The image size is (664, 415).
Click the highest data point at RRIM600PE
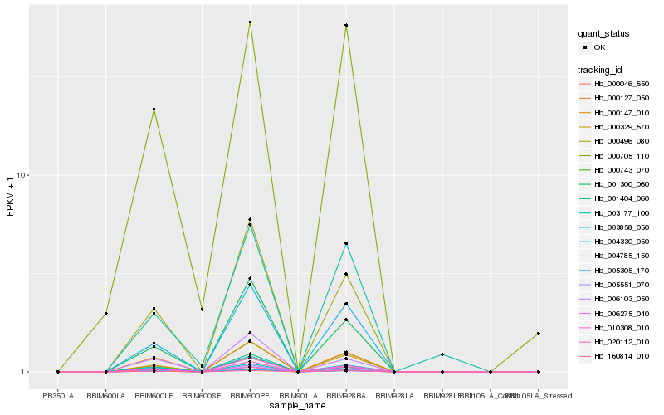[x=250, y=22]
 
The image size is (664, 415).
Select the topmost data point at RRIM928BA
[x=346, y=26]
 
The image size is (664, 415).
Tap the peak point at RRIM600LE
[x=154, y=110]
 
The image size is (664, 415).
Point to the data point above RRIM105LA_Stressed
[x=539, y=334]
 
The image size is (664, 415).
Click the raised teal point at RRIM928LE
[x=442, y=354]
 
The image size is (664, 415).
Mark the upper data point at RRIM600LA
[x=106, y=313]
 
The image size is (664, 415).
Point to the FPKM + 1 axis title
[x=11, y=198]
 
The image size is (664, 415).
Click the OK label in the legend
[x=599, y=48]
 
